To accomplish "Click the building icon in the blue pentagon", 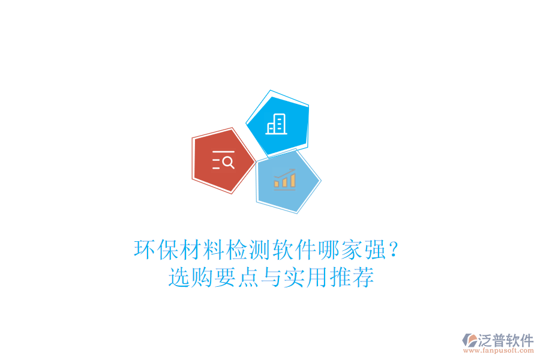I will [x=277, y=124].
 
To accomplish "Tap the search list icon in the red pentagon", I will [x=223, y=160].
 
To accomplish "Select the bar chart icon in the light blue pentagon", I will [x=284, y=179].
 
